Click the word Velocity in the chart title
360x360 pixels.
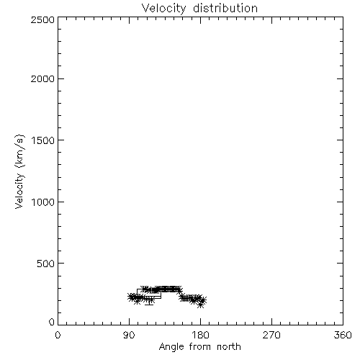click(x=163, y=9)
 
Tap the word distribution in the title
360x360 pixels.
click(x=225, y=8)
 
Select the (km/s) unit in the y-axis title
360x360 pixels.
click(x=19, y=151)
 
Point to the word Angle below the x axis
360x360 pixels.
click(x=171, y=347)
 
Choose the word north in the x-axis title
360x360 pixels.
click(x=229, y=346)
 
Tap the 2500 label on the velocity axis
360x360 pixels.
click(x=42, y=19)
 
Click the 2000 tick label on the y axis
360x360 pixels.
click(x=42, y=78)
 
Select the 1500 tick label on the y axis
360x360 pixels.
click(x=43, y=140)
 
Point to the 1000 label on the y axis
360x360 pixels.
click(x=43, y=202)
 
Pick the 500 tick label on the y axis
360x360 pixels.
click(x=46, y=264)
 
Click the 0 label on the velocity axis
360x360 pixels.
click(x=52, y=322)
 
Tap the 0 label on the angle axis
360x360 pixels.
click(x=58, y=335)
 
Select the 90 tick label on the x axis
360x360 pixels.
click(x=129, y=335)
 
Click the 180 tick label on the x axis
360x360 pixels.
click(x=201, y=335)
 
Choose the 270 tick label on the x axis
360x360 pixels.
click(x=271, y=335)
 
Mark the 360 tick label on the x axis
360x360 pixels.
click(x=343, y=335)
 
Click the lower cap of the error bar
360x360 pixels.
click(x=149, y=305)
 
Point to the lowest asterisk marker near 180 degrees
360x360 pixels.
click(x=201, y=305)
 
